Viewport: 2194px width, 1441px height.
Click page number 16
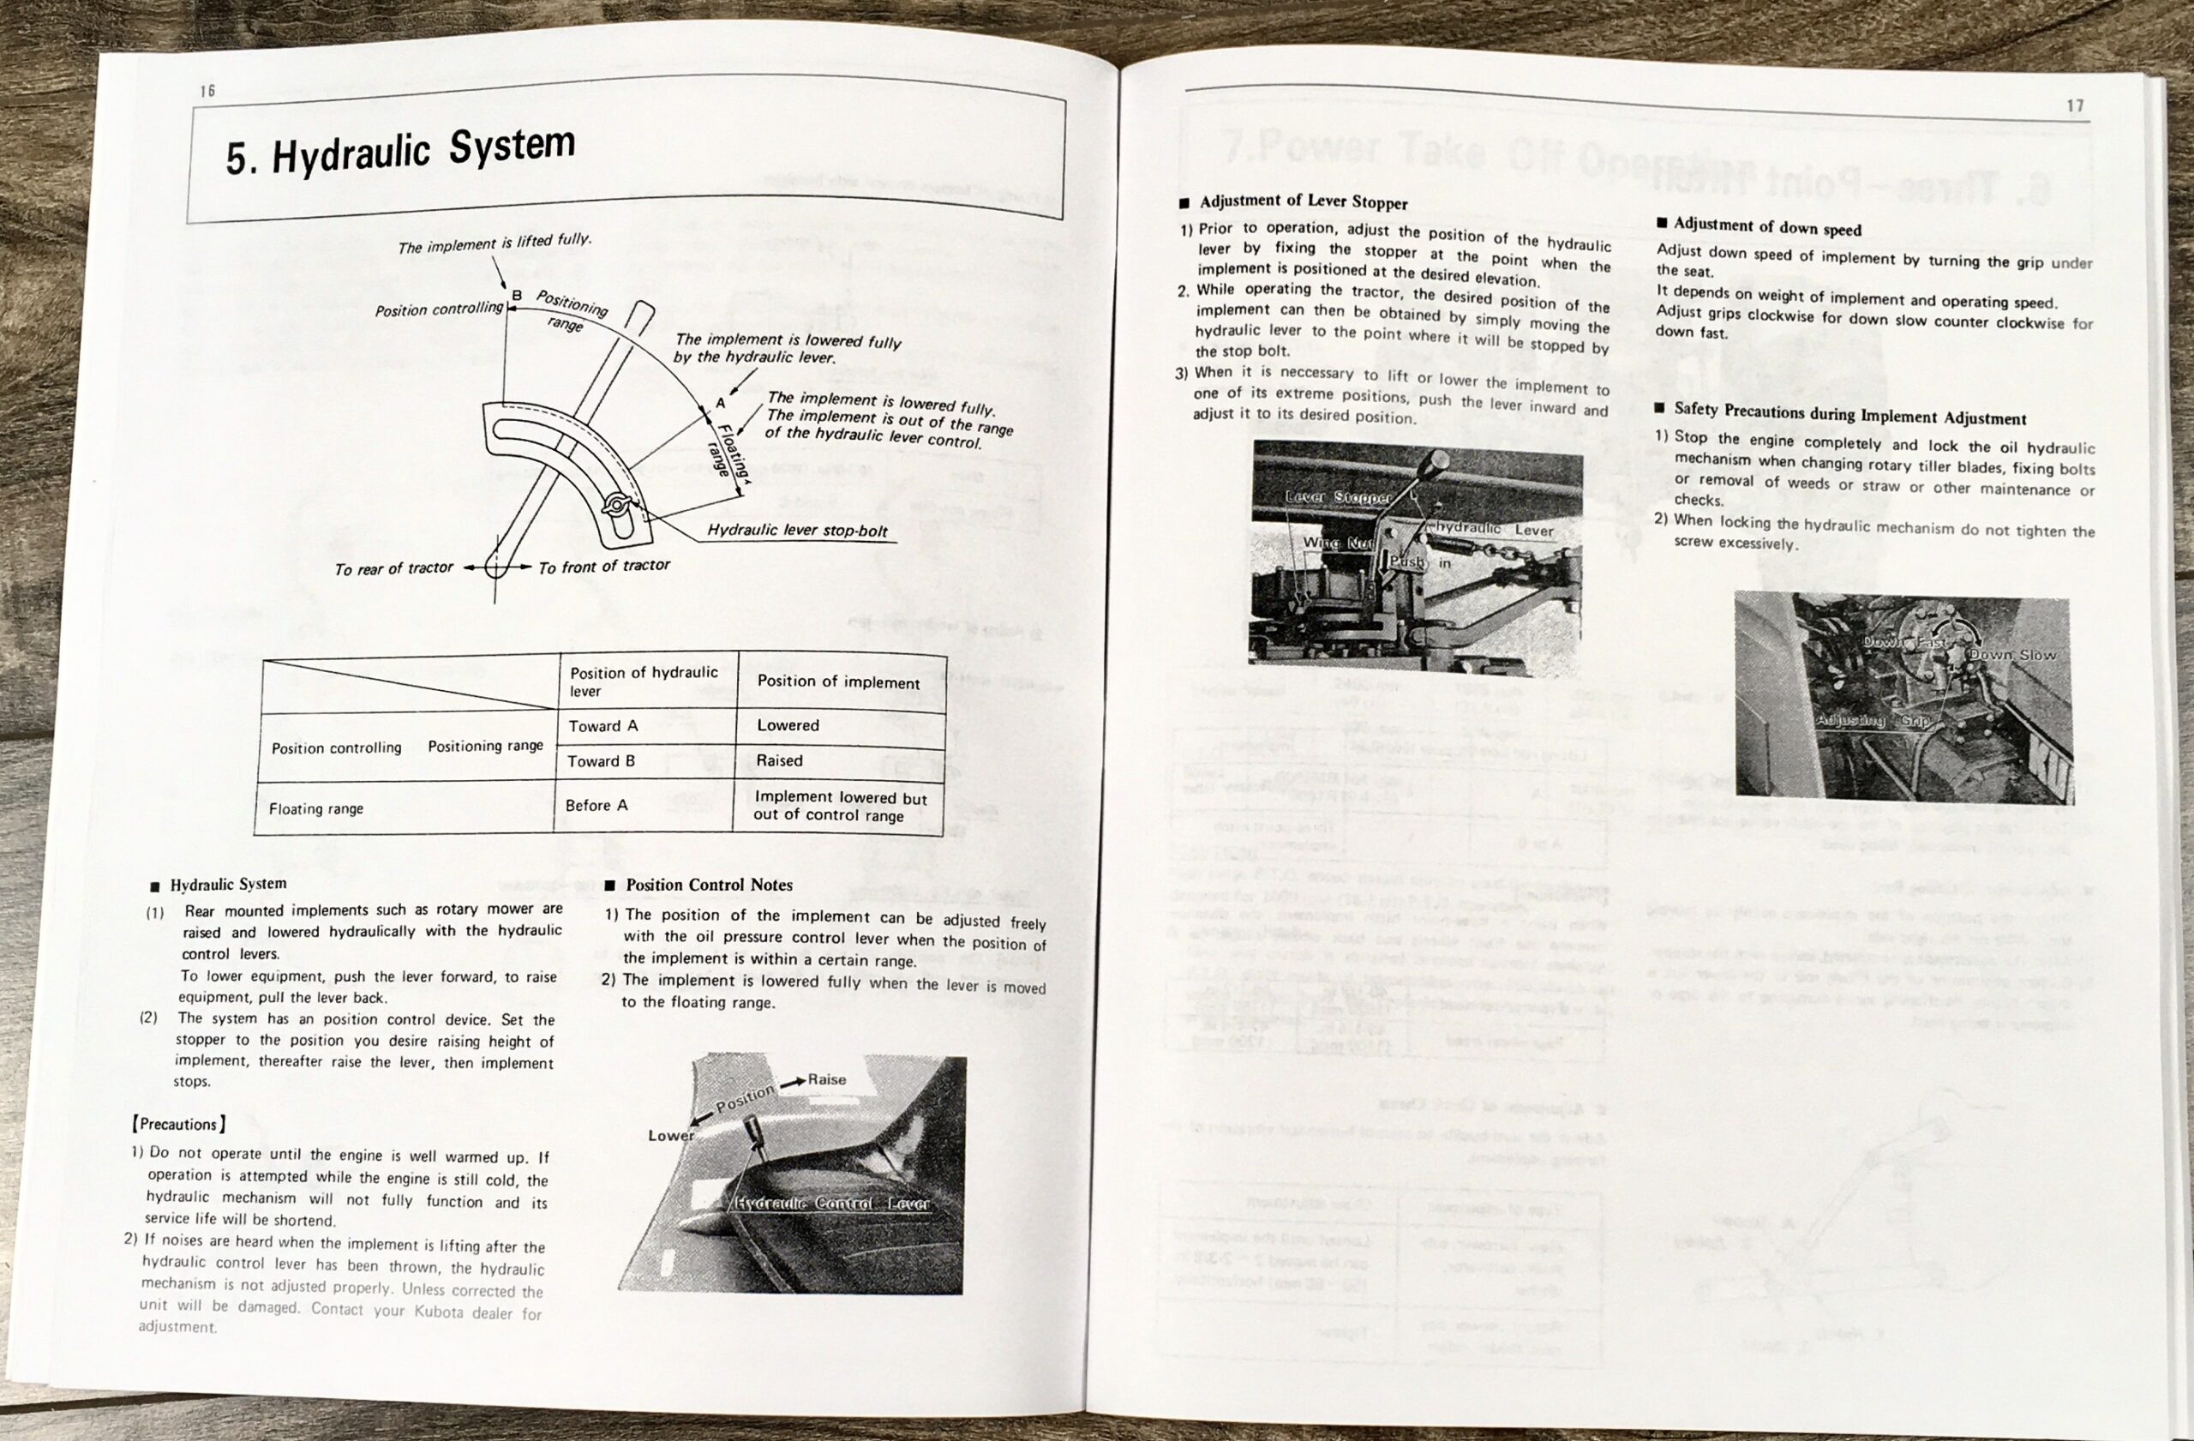tap(207, 90)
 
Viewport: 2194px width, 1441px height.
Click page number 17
tap(2074, 105)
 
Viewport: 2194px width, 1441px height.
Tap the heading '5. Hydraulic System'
tap(400, 151)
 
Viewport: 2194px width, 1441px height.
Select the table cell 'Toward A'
tap(602, 726)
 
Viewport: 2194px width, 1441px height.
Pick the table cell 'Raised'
tap(779, 760)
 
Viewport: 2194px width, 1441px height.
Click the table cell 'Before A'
tap(596, 805)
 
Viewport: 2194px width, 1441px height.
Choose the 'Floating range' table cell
tap(316, 808)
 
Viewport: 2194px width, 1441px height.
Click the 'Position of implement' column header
tap(838, 682)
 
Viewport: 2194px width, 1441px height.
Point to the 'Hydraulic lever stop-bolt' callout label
tap(796, 530)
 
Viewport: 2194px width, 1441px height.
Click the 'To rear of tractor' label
tap(393, 569)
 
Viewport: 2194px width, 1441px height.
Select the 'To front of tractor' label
tap(604, 566)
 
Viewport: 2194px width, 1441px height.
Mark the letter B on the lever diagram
tap(516, 295)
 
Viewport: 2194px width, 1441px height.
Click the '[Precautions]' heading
tap(179, 1124)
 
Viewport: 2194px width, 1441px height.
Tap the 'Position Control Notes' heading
tap(708, 885)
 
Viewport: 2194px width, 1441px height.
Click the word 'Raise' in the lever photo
tap(826, 1079)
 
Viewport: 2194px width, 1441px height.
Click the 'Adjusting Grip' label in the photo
tap(1873, 719)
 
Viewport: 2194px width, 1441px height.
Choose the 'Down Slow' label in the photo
tap(2011, 655)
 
